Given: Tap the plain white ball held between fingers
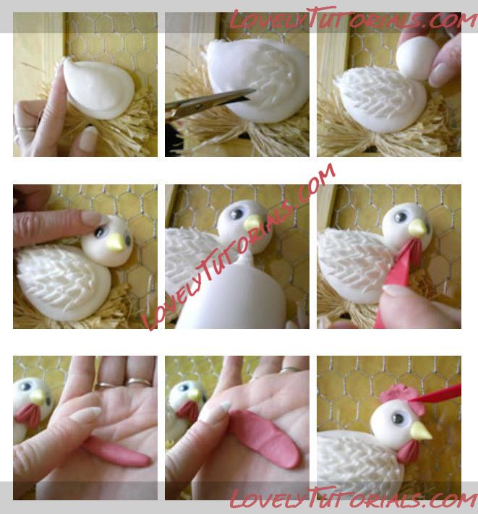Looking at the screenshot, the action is point(417,58).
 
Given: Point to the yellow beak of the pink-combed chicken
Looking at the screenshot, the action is point(421,431).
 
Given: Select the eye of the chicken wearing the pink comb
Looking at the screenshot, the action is point(398,419).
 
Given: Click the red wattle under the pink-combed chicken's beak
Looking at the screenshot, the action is point(408,450).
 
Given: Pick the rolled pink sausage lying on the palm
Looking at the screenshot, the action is point(116,451).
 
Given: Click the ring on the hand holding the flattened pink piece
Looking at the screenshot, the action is point(291,369).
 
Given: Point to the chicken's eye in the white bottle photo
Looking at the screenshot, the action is point(236,215).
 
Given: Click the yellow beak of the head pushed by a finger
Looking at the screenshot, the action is point(116,243).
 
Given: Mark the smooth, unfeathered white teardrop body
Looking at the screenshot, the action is point(99,88).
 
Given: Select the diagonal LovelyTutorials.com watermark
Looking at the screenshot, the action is point(239,247).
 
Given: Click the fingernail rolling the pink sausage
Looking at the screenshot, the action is point(85,414).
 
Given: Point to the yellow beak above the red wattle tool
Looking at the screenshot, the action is point(418,227).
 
